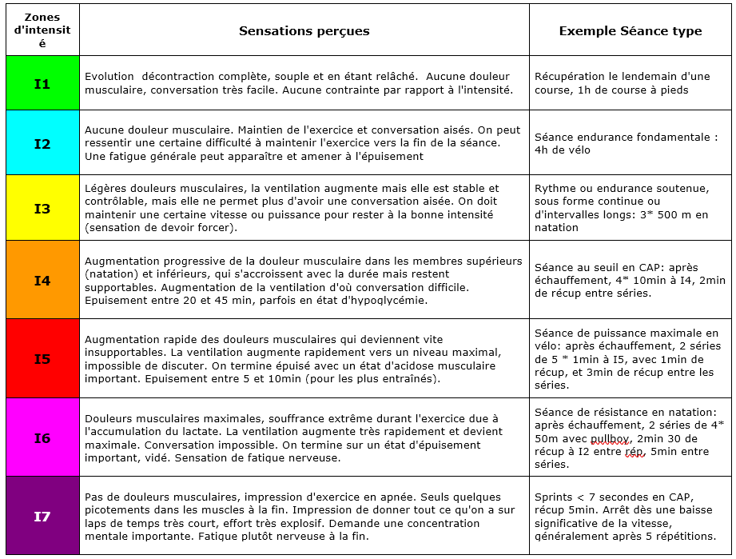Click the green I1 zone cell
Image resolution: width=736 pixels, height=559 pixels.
pyautogui.click(x=42, y=83)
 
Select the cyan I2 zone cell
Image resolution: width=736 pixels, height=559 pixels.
pyautogui.click(x=42, y=144)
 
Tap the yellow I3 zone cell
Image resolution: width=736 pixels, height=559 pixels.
pyautogui.click(x=42, y=209)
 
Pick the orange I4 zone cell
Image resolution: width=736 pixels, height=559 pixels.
pyautogui.click(x=42, y=280)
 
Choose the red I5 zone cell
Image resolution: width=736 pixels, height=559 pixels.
pyautogui.click(x=42, y=358)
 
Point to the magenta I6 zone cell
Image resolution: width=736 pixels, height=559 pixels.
pyautogui.click(x=42, y=437)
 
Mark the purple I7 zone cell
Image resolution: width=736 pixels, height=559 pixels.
pyautogui.click(x=42, y=516)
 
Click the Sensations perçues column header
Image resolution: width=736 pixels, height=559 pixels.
pyautogui.click(x=304, y=31)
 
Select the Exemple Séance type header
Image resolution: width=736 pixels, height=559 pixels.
pyautogui.click(x=630, y=31)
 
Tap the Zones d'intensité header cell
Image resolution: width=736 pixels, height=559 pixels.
pyautogui.click(x=42, y=30)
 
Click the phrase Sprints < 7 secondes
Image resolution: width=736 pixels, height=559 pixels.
pyautogui.click(x=589, y=497)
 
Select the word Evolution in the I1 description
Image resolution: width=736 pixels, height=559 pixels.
pyautogui.click(x=109, y=77)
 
